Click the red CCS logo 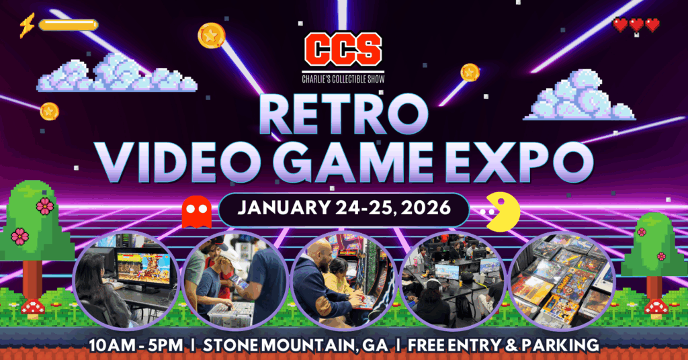point(343,48)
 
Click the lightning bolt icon point(27,25)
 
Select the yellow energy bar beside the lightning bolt point(68,26)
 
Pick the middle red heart point(636,26)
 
